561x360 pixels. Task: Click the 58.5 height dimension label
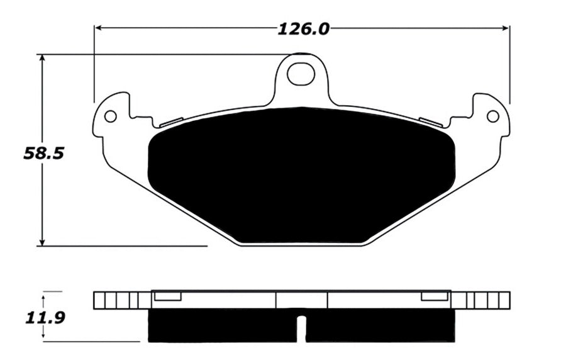click(44, 153)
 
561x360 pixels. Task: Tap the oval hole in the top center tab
click(301, 74)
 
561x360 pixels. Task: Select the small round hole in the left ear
click(111, 116)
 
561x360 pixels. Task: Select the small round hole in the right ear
click(492, 116)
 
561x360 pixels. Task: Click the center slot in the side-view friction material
click(301, 328)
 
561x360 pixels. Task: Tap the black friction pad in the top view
click(301, 176)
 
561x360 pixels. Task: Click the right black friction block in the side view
click(380, 326)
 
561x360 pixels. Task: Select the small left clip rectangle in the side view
click(168, 296)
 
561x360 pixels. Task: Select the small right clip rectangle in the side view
click(435, 296)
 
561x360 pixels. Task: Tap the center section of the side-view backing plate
click(301, 300)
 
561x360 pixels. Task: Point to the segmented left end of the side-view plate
click(122, 300)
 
